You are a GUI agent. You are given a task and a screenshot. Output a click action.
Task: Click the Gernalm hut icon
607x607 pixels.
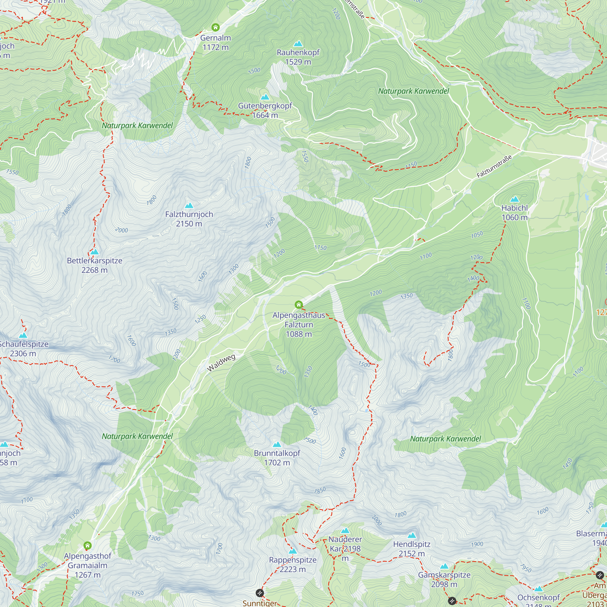click(215, 27)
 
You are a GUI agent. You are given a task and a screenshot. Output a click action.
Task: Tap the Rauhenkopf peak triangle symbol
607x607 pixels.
click(298, 43)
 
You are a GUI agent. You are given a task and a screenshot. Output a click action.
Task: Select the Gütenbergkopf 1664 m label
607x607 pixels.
click(265, 110)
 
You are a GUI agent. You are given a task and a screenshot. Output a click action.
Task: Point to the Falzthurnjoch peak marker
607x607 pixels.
click(189, 205)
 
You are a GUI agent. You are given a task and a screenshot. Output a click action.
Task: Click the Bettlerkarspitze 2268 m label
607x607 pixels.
click(95, 265)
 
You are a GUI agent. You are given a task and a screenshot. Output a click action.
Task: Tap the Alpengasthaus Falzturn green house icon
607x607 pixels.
click(298, 304)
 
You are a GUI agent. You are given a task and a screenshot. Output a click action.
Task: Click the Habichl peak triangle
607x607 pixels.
click(514, 199)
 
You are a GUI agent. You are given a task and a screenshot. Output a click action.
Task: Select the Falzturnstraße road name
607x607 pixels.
click(494, 166)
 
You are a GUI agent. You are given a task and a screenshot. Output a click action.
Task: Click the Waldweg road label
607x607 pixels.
click(221, 363)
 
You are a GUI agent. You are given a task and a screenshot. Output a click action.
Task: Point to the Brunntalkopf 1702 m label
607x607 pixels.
click(277, 458)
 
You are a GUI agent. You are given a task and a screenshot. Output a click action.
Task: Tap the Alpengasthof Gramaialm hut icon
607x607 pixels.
click(87, 545)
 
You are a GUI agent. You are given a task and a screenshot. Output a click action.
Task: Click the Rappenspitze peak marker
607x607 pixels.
click(293, 551)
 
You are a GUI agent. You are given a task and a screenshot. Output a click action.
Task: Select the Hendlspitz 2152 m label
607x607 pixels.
click(412, 548)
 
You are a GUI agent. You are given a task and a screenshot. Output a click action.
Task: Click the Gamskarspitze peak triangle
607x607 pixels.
click(444, 566)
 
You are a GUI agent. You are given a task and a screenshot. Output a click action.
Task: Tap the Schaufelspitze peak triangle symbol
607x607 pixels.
click(23, 335)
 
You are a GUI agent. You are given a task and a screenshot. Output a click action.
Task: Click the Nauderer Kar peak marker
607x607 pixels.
click(345, 531)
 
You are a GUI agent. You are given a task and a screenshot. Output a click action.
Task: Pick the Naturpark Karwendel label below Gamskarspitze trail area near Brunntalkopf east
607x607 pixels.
click(445, 439)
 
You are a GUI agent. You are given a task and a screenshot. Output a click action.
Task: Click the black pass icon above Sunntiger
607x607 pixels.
click(259, 593)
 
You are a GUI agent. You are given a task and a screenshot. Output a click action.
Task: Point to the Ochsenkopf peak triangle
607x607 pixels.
click(538, 588)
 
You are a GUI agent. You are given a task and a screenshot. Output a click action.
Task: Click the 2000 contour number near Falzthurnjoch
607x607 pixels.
click(121, 230)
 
